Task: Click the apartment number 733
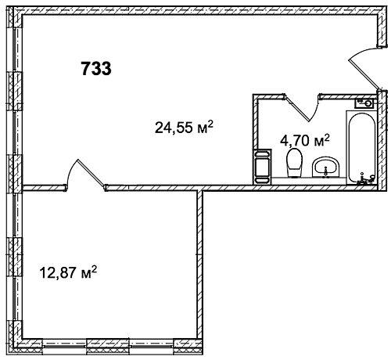(96, 69)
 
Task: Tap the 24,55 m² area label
(184, 127)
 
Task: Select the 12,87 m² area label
(68, 272)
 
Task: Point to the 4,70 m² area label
(305, 140)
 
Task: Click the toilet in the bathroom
(295, 163)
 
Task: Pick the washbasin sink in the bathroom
(326, 167)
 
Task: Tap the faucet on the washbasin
(325, 171)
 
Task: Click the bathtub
(362, 148)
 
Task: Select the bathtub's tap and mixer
(366, 179)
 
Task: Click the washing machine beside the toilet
(262, 167)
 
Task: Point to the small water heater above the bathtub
(364, 103)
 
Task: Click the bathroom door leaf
(297, 109)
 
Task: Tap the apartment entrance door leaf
(364, 74)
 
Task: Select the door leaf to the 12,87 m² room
(91, 173)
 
